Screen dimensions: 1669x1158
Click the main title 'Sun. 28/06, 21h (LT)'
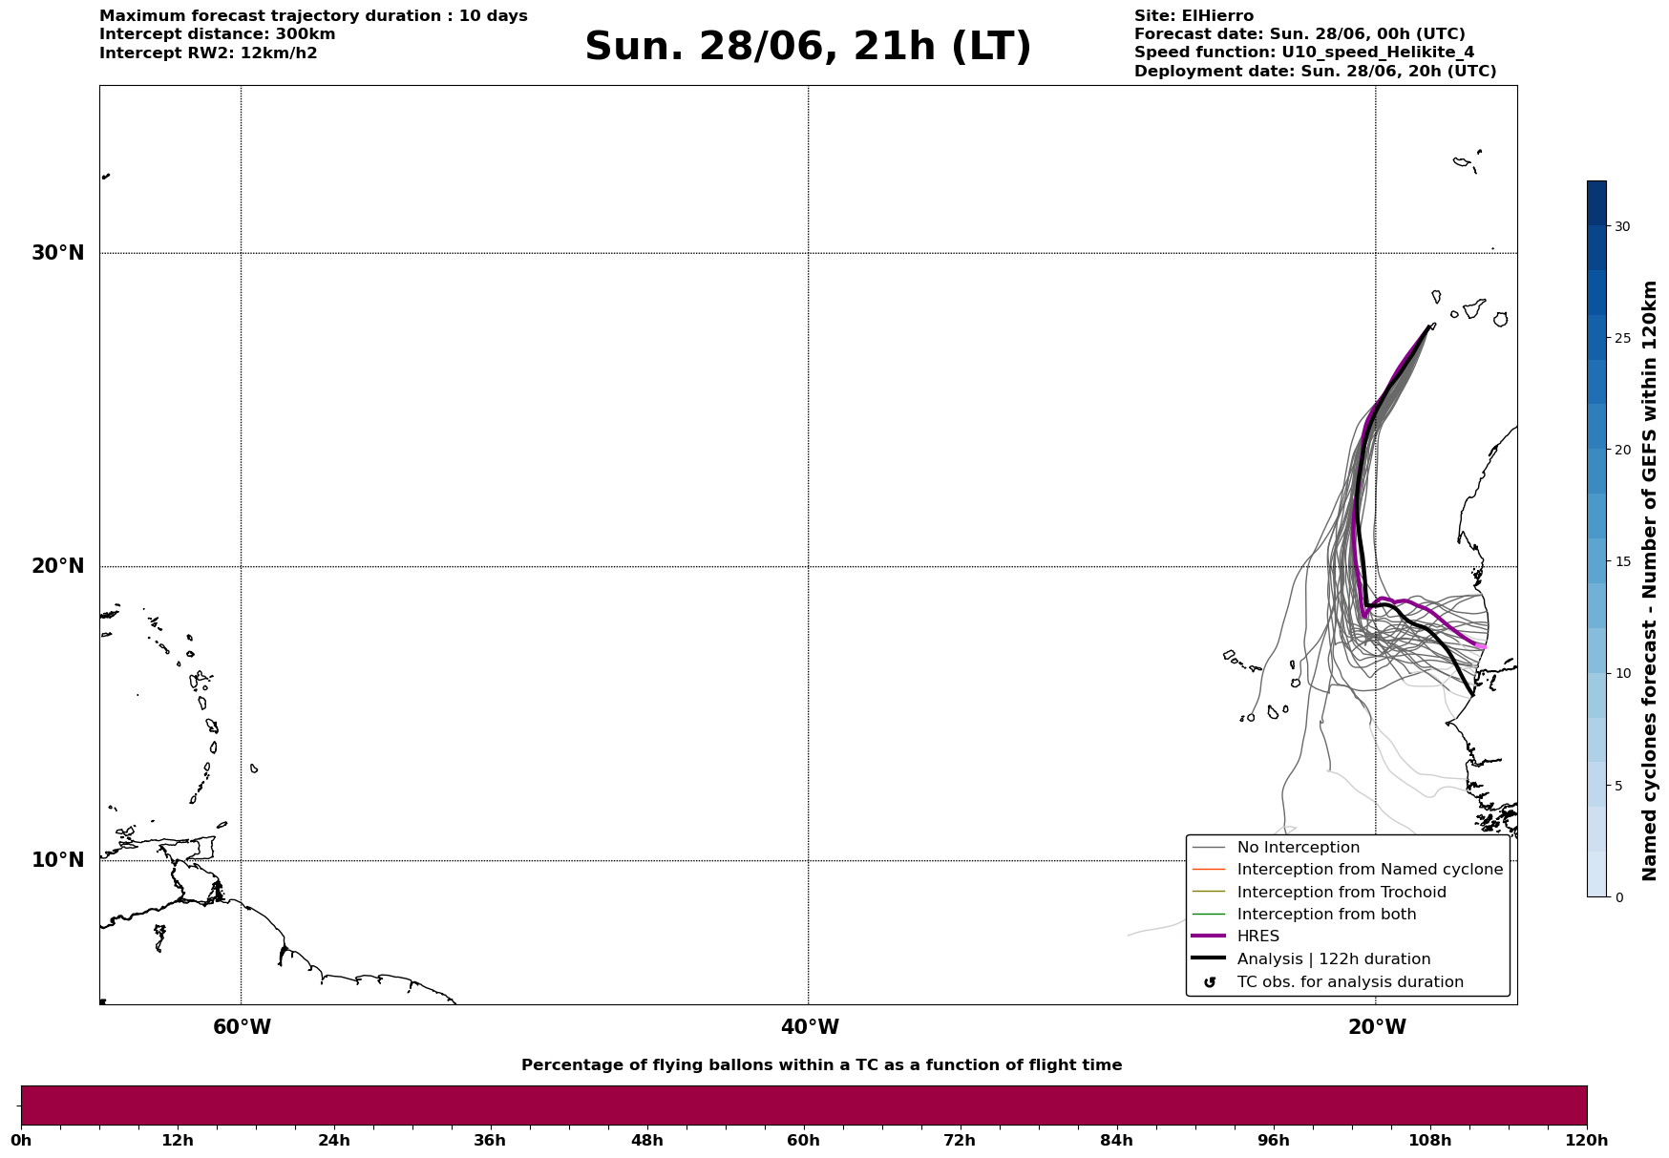pos(808,47)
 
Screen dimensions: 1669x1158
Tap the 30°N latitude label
pos(58,253)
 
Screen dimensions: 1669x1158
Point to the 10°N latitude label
pos(58,860)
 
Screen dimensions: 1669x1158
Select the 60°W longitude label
pos(242,1027)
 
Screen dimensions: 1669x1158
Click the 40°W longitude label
pos(810,1027)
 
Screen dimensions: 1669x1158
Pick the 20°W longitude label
pos(1377,1027)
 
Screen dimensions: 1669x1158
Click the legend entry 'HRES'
pos(1257,937)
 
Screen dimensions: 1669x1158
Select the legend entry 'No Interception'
pos(1298,848)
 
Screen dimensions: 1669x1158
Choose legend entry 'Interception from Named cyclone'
pos(1369,870)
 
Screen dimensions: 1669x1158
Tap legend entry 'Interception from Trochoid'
pos(1342,893)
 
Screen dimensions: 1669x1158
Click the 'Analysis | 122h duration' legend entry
pos(1334,959)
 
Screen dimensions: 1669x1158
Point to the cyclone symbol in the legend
pos(1210,982)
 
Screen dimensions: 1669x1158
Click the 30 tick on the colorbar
pos(1622,226)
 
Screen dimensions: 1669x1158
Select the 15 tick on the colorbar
pos(1622,561)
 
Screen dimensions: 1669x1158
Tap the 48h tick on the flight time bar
pos(646,1141)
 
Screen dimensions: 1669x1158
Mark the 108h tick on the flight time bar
pos(1429,1141)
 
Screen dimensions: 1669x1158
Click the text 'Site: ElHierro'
pos(1194,16)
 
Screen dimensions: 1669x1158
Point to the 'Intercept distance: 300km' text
pos(218,34)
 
